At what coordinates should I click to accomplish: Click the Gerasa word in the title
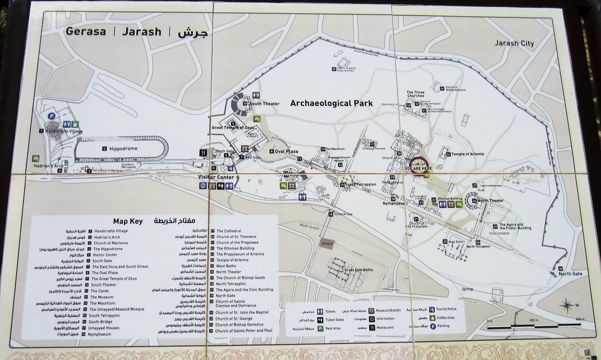(86, 32)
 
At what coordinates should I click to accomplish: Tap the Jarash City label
(514, 43)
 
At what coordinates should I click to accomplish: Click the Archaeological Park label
(331, 103)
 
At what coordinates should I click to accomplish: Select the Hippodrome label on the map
(123, 149)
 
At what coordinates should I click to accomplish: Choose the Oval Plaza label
(286, 152)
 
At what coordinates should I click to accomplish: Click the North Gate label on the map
(570, 274)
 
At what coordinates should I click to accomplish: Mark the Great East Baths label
(359, 270)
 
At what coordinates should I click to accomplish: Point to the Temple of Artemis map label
(468, 154)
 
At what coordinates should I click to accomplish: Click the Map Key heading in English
(128, 221)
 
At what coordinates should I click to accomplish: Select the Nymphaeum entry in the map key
(99, 334)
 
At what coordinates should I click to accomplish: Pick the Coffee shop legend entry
(445, 318)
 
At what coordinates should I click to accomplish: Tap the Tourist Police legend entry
(446, 309)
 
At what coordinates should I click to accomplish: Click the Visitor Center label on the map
(216, 177)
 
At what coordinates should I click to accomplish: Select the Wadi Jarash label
(309, 227)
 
